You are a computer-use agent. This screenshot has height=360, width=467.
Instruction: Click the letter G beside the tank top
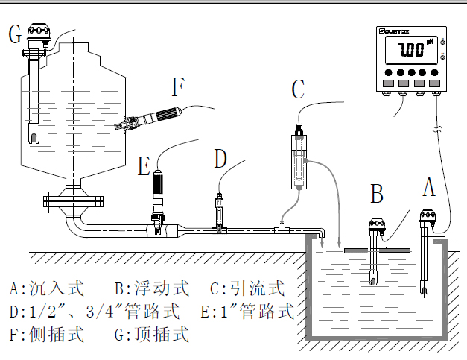click(x=16, y=34)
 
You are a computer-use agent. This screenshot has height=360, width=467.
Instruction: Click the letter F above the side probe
click(x=177, y=87)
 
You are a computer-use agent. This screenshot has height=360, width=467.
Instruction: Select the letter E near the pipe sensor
click(x=144, y=165)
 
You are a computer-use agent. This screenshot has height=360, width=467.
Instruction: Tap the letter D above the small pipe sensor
click(x=220, y=160)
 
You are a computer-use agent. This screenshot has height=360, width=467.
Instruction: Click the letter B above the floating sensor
click(x=378, y=194)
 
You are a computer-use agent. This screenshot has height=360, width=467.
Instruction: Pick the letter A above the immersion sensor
click(x=428, y=187)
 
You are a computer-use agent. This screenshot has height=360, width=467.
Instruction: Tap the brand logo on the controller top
click(x=395, y=32)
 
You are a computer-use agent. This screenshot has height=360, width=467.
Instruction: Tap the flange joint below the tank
click(x=72, y=200)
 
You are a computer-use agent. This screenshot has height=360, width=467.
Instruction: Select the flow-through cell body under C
click(x=297, y=160)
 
